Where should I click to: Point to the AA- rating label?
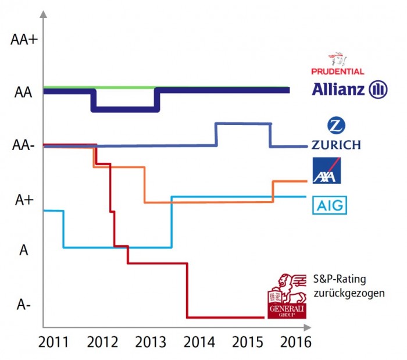[24, 145]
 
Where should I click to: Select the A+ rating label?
[24, 199]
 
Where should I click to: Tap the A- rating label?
[24, 305]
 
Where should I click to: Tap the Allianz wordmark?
[338, 90]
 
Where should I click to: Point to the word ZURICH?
[336, 145]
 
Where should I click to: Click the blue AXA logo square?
[326, 171]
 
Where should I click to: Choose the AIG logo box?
[329, 205]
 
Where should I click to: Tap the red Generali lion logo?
[287, 295]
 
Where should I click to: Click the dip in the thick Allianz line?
[125, 109]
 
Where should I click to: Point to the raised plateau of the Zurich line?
[243, 123]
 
